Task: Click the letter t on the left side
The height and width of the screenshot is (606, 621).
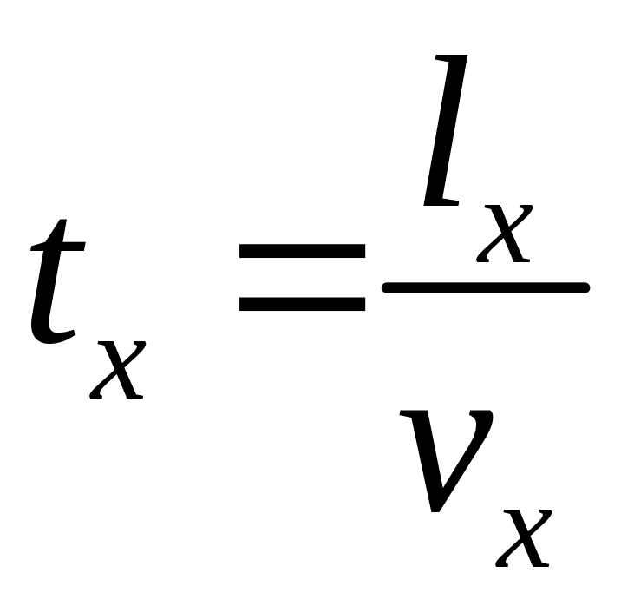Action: click(57, 282)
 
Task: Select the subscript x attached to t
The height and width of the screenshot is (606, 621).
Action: click(117, 369)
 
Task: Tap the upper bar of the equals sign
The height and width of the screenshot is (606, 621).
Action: click(302, 252)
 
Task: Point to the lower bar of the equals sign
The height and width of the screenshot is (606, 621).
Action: click(302, 304)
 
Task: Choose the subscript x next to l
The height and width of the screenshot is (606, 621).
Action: click(504, 234)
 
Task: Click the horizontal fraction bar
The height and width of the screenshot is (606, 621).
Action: click(486, 287)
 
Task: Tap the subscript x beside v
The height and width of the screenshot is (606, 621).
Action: click(524, 538)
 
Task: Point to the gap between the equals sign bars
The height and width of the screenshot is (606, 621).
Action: click(302, 278)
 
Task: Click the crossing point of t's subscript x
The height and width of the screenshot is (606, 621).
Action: click(117, 369)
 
